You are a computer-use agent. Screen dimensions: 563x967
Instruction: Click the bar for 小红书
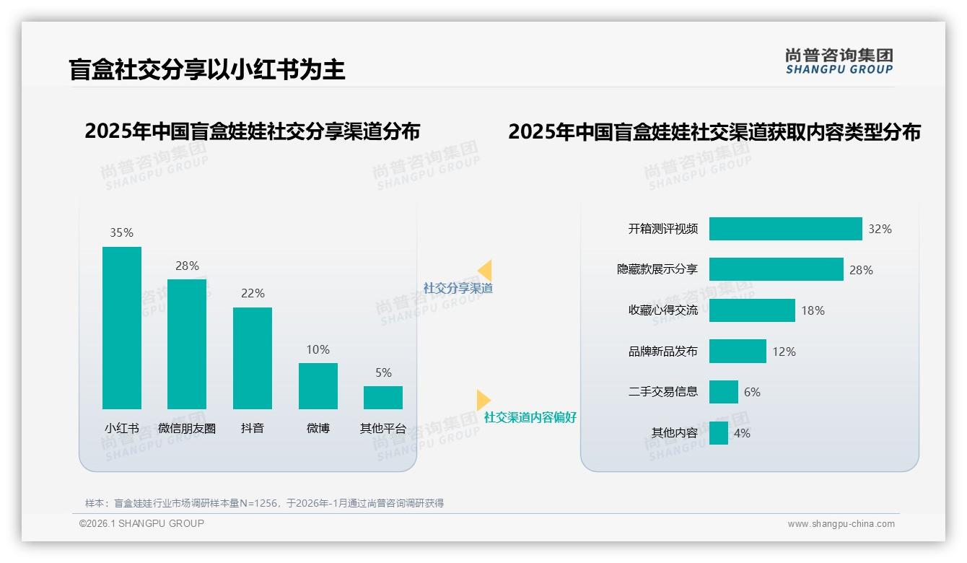(122, 328)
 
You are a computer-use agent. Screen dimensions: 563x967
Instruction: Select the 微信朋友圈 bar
(187, 344)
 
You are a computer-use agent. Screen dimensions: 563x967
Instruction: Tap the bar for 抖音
(253, 358)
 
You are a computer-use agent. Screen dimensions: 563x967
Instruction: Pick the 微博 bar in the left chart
(318, 386)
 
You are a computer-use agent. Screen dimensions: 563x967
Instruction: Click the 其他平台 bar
(383, 398)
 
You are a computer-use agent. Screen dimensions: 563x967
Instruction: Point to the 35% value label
(121, 233)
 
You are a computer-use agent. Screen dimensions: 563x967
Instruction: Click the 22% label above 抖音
(253, 294)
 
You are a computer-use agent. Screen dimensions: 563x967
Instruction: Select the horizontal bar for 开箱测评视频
(785, 229)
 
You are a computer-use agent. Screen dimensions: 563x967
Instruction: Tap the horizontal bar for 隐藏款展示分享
(776, 269)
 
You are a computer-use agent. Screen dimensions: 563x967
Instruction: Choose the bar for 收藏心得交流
(752, 310)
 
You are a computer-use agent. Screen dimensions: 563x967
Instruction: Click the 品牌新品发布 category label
(662, 352)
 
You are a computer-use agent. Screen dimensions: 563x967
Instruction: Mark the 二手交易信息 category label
(662, 392)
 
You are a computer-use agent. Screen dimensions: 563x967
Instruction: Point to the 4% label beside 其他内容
(742, 433)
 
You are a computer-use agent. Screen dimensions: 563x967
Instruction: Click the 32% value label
(880, 229)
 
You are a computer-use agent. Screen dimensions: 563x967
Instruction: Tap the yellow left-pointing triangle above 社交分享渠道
(485, 271)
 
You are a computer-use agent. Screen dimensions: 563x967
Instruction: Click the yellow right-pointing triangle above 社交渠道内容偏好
(483, 400)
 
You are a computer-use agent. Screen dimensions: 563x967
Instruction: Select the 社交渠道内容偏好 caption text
(530, 418)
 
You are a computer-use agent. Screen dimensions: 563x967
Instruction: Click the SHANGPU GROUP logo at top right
(839, 61)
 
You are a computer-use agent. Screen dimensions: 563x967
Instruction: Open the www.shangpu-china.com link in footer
(841, 524)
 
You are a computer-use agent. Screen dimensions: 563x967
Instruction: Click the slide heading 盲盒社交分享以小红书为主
(207, 69)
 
